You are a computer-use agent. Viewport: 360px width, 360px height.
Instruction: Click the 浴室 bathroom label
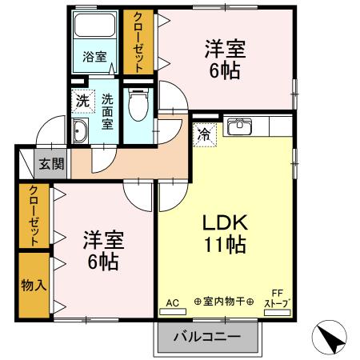(x=95, y=56)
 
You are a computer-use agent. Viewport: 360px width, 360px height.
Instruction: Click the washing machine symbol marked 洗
(x=82, y=102)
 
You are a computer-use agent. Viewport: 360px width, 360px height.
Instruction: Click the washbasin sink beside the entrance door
(x=80, y=133)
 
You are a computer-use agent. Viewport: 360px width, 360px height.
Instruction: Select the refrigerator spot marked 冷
(x=205, y=134)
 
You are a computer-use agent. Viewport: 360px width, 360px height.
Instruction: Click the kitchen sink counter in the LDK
(x=241, y=126)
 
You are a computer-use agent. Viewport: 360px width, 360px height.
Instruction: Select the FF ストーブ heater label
(x=278, y=298)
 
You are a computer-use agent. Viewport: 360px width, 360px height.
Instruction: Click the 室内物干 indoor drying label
(x=223, y=302)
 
